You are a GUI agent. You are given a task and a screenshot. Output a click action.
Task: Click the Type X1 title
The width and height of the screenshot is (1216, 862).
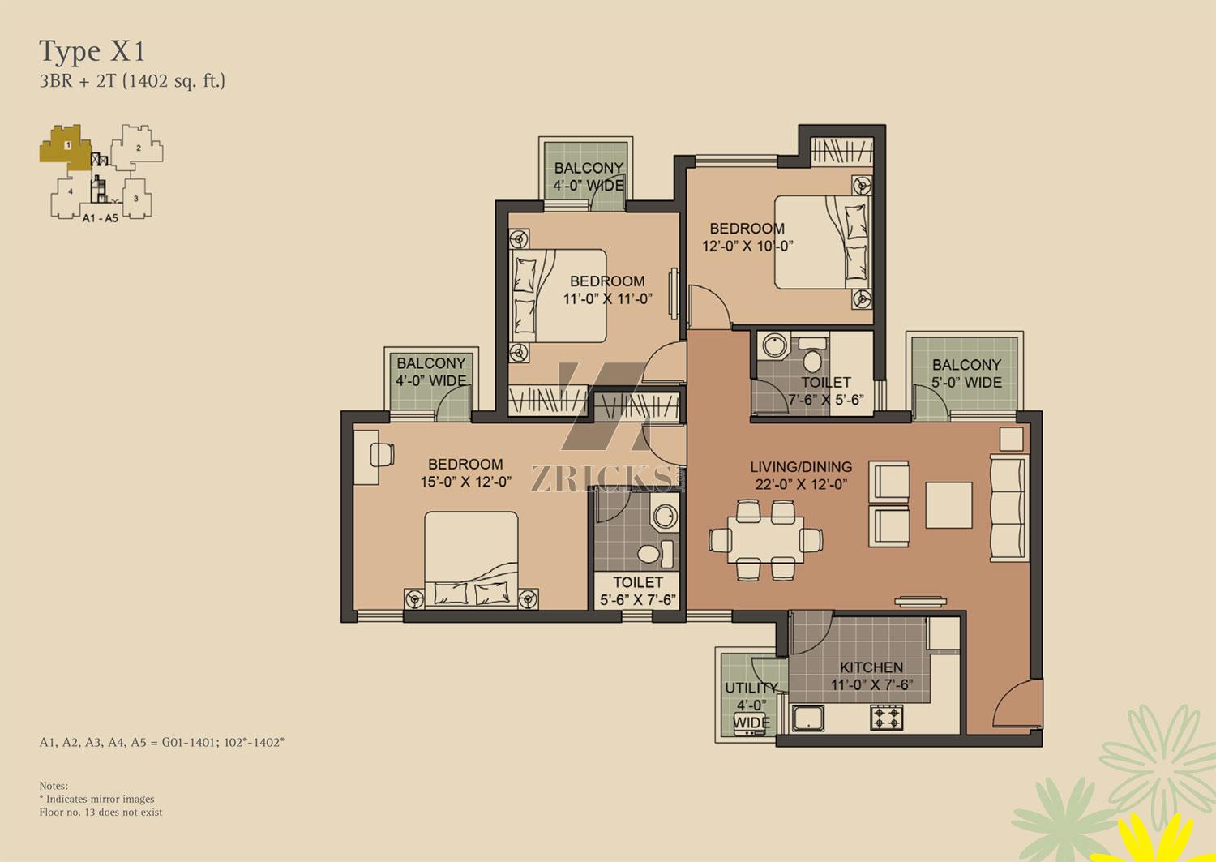click(92, 52)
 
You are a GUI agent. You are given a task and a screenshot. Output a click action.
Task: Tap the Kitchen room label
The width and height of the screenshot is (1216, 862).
click(871, 667)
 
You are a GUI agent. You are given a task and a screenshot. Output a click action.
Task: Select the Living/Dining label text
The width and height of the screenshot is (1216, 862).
click(801, 466)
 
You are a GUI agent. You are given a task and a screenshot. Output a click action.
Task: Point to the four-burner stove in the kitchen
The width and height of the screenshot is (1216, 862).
click(887, 717)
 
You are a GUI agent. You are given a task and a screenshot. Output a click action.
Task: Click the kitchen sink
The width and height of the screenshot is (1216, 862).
click(808, 718)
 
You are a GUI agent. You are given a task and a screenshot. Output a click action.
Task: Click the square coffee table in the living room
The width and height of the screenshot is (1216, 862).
click(948, 504)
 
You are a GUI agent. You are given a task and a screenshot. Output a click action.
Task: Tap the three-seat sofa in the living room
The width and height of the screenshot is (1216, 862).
click(1009, 508)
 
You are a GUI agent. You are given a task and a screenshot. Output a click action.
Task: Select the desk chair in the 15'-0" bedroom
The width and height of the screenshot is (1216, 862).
click(382, 454)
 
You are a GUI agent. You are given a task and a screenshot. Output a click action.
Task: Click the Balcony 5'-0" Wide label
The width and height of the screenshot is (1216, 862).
click(966, 373)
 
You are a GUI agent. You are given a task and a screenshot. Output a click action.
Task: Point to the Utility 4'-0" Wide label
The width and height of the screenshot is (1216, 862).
click(751, 705)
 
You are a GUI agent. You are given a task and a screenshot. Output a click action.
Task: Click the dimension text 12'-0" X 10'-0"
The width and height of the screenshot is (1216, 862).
click(747, 246)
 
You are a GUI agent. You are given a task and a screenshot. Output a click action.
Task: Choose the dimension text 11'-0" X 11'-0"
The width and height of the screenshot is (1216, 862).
click(607, 298)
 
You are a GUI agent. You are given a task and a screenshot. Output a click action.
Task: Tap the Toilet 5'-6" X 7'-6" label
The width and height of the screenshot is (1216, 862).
click(638, 591)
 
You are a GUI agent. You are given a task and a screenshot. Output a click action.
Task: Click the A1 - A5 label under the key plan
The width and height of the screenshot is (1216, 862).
click(101, 218)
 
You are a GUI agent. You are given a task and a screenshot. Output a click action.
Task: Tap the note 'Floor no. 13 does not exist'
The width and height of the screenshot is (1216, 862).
click(101, 812)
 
